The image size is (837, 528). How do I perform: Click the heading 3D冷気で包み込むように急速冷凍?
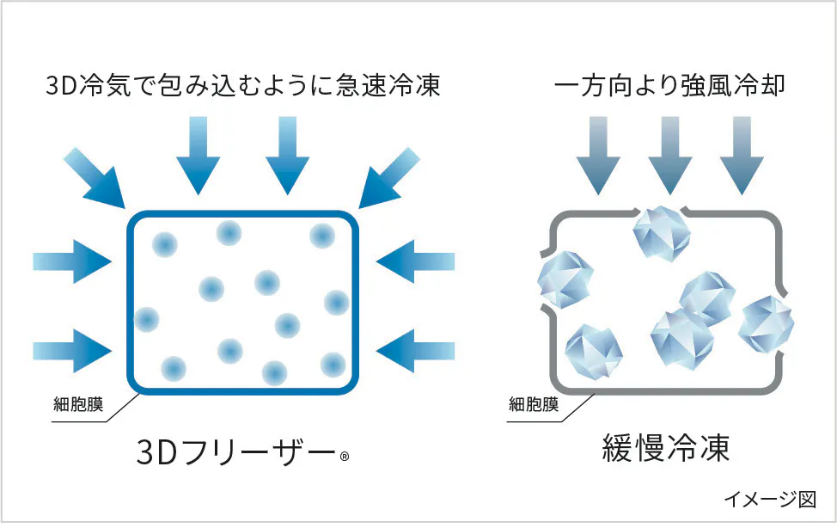243,85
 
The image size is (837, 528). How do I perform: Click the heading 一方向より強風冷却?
669,85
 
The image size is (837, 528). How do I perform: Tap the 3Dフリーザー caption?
235,452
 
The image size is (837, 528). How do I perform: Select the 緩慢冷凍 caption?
666,448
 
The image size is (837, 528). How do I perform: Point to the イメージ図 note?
770,499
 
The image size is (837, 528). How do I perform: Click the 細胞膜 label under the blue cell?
78,404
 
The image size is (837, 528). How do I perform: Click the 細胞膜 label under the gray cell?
534,404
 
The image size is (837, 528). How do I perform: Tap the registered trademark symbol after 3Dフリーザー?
345,457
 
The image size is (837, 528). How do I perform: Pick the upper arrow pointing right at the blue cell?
72,262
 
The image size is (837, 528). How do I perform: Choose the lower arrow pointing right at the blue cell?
72,351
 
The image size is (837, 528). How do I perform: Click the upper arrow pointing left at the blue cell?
415,262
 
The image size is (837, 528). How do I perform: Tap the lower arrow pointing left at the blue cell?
415,351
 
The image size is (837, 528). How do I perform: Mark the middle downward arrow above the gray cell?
670,156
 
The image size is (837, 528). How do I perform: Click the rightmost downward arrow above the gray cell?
742,156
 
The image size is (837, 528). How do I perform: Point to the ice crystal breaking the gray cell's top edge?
662,233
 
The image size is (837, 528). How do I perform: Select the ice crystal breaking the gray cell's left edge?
565,279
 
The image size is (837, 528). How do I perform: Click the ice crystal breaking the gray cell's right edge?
767,324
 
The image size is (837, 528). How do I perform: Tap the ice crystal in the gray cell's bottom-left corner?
594,353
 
